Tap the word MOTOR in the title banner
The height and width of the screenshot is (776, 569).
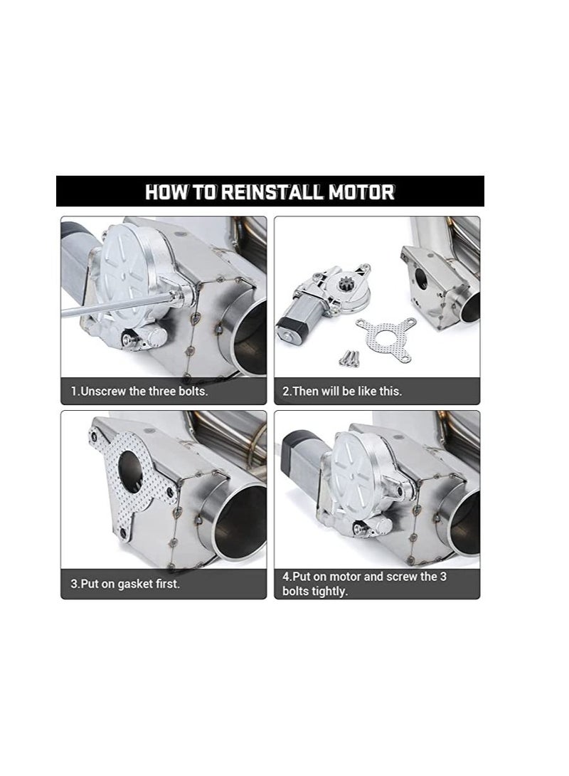[x=362, y=192]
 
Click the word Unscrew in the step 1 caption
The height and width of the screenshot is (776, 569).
[x=103, y=391]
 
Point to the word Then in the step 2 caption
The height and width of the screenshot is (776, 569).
[x=306, y=391]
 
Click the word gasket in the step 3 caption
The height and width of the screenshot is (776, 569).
[x=135, y=584]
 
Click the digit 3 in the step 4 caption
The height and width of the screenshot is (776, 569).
[x=443, y=577]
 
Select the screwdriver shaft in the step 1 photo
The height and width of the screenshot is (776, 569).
[x=119, y=305]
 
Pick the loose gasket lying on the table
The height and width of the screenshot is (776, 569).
[x=386, y=338]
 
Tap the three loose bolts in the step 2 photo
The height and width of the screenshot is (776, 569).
[x=349, y=357]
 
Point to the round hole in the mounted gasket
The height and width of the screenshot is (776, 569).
[x=130, y=471]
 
